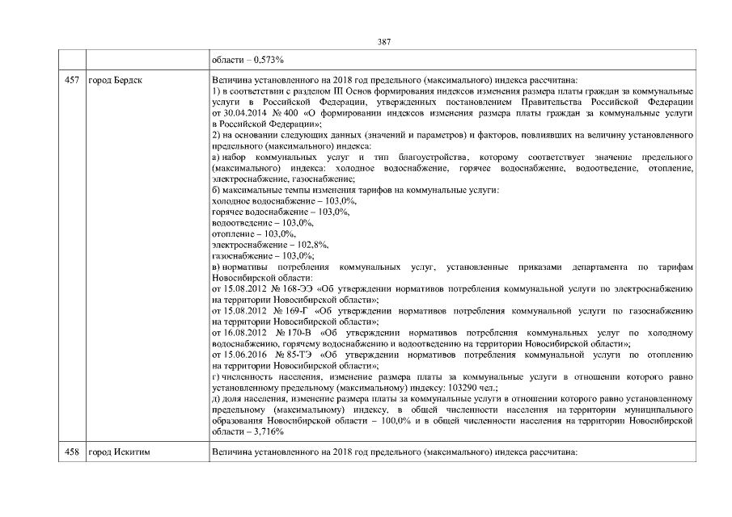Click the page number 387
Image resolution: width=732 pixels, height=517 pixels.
point(384,41)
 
